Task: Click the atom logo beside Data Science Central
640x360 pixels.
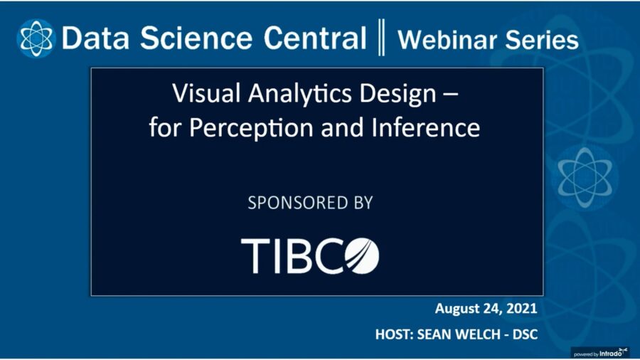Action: tap(36, 38)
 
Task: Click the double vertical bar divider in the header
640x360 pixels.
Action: tap(382, 39)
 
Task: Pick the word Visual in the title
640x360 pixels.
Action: tap(199, 93)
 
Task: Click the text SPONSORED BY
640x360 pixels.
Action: tap(310, 203)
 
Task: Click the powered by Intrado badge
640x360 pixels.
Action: tap(600, 351)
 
